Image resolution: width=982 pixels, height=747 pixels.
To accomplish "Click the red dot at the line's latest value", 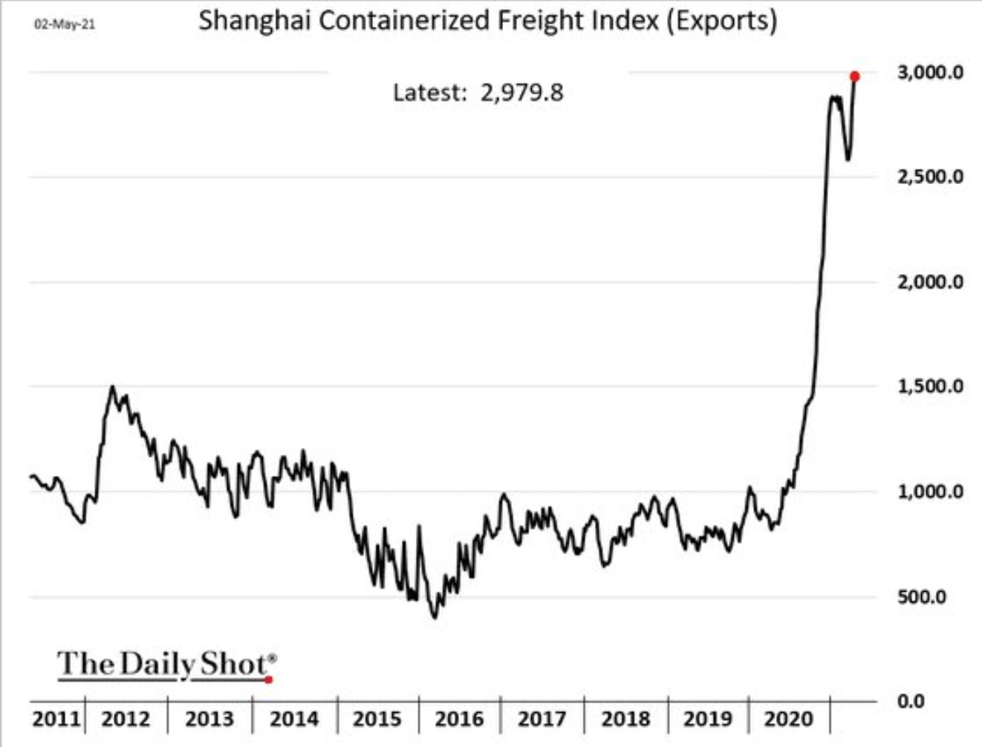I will [855, 76].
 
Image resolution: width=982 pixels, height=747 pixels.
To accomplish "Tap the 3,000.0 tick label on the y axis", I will [930, 72].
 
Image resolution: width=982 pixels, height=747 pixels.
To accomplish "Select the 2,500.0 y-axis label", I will [930, 177].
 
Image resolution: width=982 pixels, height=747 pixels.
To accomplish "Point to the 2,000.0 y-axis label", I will [930, 282].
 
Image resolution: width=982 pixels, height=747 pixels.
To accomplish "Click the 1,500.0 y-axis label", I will [930, 386].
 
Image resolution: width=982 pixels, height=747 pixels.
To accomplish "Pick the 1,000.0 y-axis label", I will [930, 492].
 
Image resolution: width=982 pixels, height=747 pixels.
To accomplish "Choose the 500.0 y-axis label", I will [922, 597].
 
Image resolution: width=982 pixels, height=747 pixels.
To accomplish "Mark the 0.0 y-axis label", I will [911, 701].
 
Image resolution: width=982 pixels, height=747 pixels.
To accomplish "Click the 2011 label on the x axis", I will [56, 719].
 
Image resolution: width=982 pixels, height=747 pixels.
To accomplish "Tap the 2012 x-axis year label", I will [126, 719].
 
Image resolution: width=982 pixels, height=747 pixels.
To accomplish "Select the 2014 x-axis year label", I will [293, 719].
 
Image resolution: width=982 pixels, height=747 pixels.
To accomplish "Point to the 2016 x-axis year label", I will [459, 719].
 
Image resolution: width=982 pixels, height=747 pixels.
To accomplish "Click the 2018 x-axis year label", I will [625, 719].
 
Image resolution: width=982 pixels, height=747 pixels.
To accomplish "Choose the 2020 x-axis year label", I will [789, 719].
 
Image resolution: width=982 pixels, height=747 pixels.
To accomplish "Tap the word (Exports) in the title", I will [721, 21].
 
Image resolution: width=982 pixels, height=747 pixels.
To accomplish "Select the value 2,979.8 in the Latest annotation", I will [521, 93].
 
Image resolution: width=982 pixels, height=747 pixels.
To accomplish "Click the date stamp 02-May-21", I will [65, 25].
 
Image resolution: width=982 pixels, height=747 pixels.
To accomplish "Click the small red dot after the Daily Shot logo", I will [269, 679].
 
